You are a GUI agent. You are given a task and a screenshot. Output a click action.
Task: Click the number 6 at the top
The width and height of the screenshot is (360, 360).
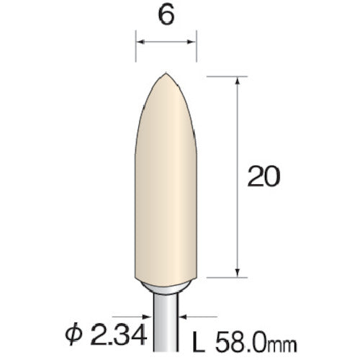point(166,17)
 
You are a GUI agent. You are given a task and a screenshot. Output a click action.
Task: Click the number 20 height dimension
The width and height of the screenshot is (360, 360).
point(263,176)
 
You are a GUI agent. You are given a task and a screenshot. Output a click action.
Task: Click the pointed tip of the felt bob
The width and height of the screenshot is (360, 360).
point(166,73)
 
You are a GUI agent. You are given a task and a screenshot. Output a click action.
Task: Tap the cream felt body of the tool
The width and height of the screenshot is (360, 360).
point(166,187)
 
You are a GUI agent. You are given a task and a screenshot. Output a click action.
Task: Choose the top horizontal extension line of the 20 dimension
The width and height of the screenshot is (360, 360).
point(223,74)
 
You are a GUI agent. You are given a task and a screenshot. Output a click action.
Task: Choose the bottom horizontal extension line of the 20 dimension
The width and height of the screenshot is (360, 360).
point(223,277)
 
